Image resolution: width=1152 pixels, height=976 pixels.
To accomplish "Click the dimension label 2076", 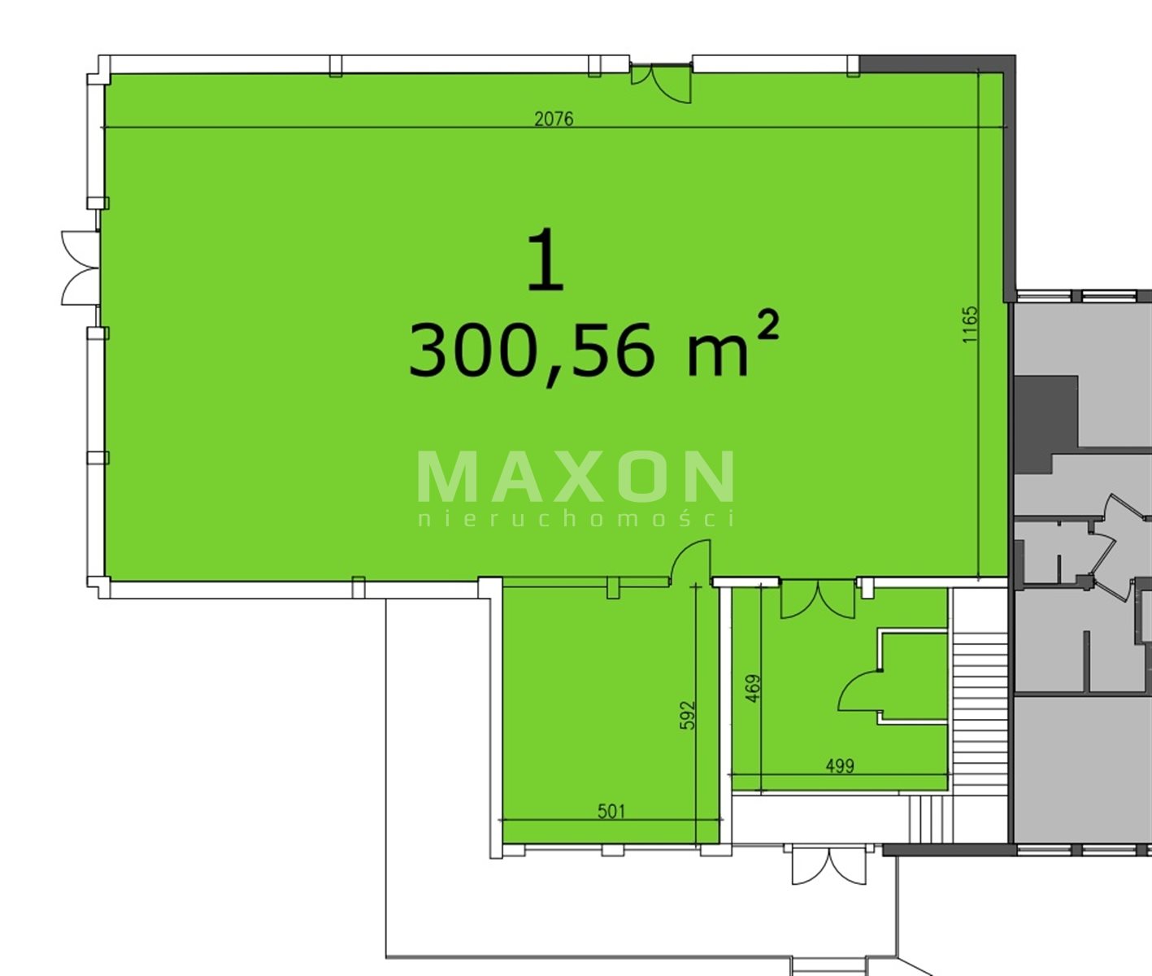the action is pos(554,119).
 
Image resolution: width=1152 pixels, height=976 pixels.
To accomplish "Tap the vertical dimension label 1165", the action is pos(971,324).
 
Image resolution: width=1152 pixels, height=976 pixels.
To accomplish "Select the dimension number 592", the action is pos(689,715).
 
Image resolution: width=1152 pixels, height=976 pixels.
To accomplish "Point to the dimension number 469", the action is pos(752,688).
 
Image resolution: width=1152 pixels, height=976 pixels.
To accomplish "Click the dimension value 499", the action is pos(840,765).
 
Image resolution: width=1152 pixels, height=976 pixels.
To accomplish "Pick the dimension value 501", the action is pos(611,811).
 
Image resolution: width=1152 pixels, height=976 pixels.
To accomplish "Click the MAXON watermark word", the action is pos(576,477).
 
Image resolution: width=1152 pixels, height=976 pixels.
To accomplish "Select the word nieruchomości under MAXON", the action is pos(576,519).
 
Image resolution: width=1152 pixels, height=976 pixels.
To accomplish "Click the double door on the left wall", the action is pos(80,268).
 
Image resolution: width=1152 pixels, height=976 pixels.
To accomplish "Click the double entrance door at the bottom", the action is pos(829,867).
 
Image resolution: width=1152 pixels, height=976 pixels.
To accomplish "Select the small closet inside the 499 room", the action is pos(913,677).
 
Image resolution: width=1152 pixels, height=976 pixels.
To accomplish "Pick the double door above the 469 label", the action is pos(818,599).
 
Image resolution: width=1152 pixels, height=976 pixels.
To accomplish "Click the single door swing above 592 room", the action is pos(691,563).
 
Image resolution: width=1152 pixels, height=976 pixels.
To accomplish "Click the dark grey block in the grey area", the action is pos(1037,424).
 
